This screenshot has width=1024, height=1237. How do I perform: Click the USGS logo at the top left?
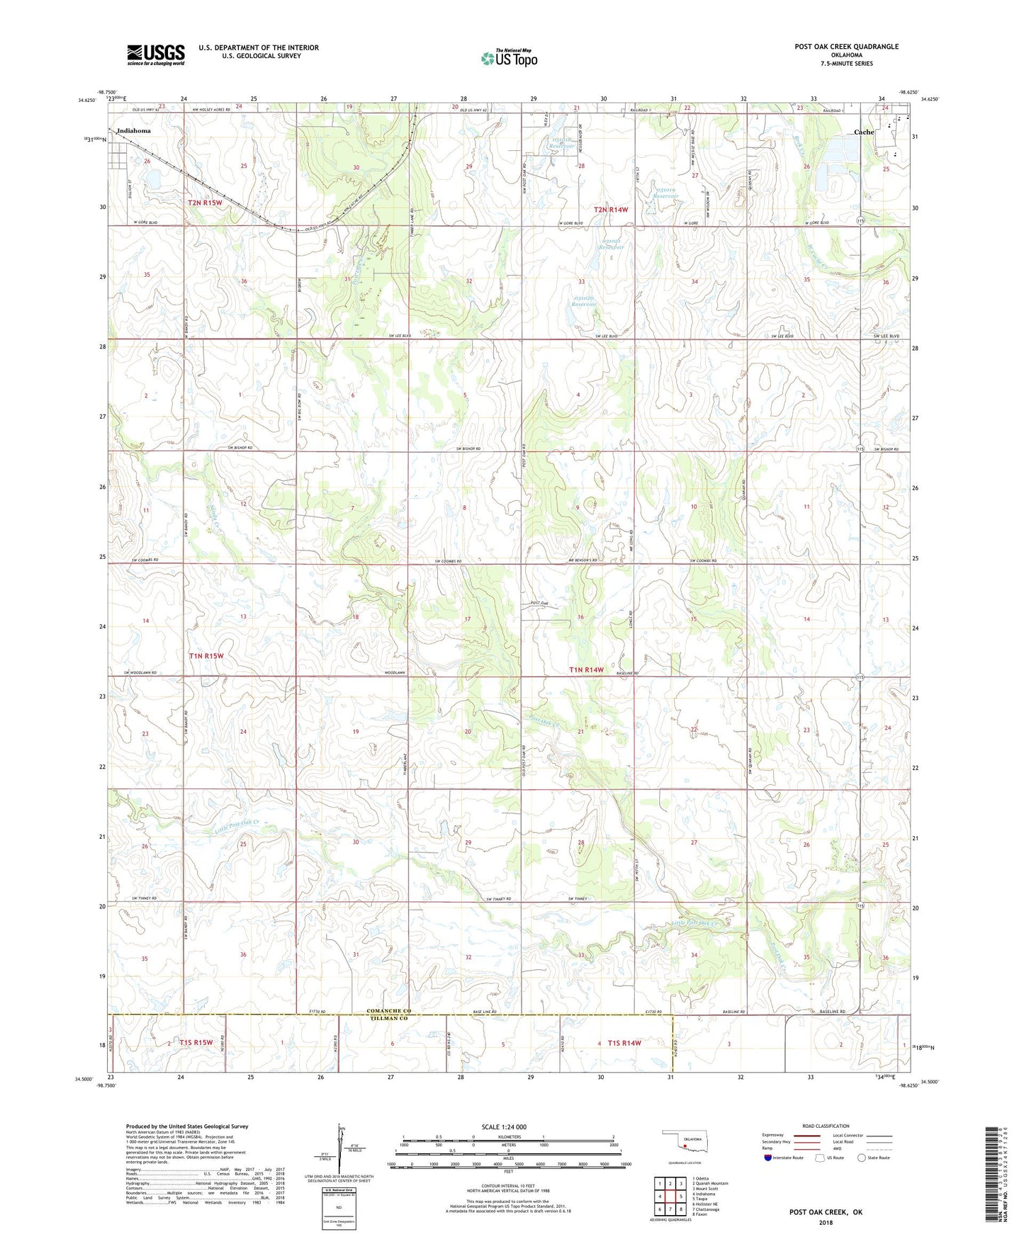tap(156, 55)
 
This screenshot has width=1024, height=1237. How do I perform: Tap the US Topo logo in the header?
tap(509, 58)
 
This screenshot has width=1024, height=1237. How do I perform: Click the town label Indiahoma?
tap(134, 131)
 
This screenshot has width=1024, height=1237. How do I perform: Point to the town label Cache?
tap(863, 132)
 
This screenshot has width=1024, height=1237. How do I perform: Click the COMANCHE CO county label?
tap(389, 1011)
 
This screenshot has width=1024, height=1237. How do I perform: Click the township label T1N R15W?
tap(206, 656)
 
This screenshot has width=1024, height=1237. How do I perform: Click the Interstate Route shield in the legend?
tap(770, 1158)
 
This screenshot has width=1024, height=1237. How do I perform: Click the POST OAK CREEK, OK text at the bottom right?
tap(826, 1212)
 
